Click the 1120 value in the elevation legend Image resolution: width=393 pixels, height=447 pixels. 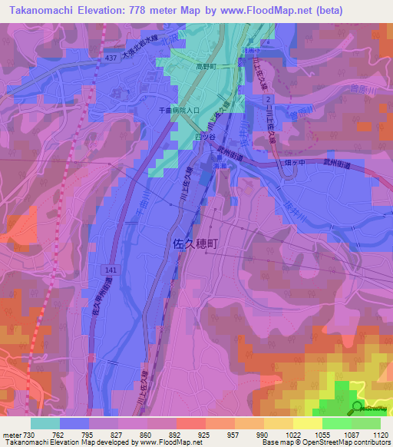[x=381, y=434]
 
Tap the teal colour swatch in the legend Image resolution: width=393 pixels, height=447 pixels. [x=45, y=423]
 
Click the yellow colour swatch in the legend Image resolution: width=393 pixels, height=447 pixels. [x=308, y=423]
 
